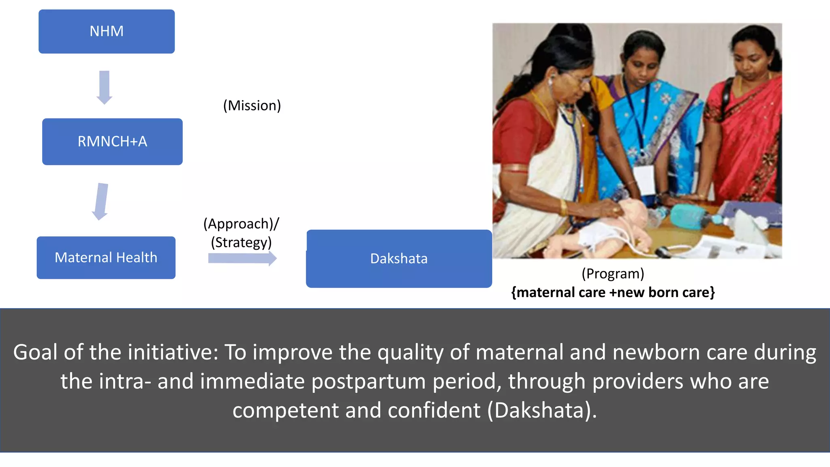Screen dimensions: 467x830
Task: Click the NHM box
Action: point(107,31)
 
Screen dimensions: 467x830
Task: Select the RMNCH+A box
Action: point(112,141)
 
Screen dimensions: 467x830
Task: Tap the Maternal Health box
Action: point(106,257)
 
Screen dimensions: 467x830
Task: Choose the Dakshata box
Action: point(399,259)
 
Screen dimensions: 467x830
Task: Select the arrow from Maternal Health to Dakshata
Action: point(242,258)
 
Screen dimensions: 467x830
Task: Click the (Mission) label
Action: point(252,105)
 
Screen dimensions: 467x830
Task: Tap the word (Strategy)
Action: point(241,242)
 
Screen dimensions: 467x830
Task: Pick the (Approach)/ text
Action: point(241,224)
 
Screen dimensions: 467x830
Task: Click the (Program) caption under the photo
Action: point(613,274)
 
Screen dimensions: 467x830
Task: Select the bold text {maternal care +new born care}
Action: point(613,292)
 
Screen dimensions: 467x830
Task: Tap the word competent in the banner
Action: point(285,410)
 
